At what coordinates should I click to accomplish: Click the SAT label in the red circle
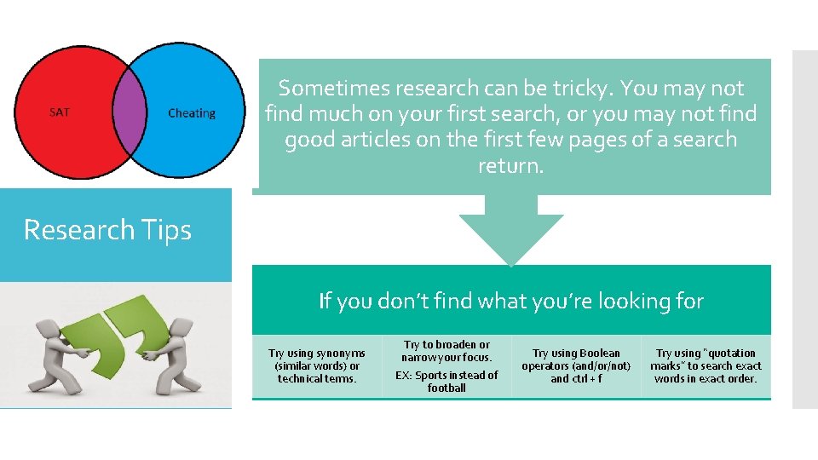[60, 112]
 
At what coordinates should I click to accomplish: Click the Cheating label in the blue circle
[192, 113]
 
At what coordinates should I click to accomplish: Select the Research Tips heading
[107, 230]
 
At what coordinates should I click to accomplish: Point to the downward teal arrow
[511, 230]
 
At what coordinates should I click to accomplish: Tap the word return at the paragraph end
[509, 165]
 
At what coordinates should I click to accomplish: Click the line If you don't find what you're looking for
[511, 301]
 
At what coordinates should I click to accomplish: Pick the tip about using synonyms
[316, 365]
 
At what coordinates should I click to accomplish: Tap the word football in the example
[446, 388]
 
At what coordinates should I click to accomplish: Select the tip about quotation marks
[706, 365]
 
